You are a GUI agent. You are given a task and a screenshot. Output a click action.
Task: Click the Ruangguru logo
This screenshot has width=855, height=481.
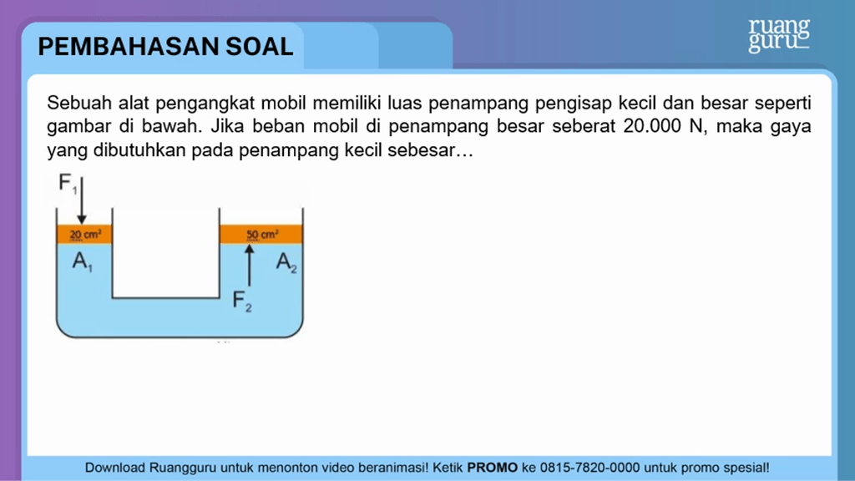coord(779,35)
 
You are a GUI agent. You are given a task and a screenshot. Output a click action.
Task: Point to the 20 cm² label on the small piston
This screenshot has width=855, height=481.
coord(85,235)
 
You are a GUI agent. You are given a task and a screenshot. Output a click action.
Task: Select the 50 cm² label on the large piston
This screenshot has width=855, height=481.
coord(262,235)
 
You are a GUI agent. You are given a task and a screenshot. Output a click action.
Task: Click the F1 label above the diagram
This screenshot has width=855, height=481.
coord(68,183)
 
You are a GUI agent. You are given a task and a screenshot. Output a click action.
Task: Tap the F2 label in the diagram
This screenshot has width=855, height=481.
coord(242,301)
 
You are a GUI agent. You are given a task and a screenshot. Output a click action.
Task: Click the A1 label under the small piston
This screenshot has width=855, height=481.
coord(83,261)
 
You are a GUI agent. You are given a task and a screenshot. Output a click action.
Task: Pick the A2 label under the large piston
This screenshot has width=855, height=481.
coord(286,262)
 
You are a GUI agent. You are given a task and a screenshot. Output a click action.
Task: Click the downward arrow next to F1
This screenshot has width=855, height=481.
coord(82,200)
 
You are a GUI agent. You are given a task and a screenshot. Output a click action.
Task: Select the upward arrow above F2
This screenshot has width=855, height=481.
coord(249,265)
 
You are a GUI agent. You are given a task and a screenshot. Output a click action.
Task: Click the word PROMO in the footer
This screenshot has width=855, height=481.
coord(493,468)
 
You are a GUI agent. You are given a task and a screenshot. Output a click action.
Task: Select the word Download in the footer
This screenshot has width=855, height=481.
coord(115,468)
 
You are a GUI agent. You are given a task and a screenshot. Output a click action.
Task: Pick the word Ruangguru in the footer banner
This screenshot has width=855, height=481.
coord(183,468)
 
